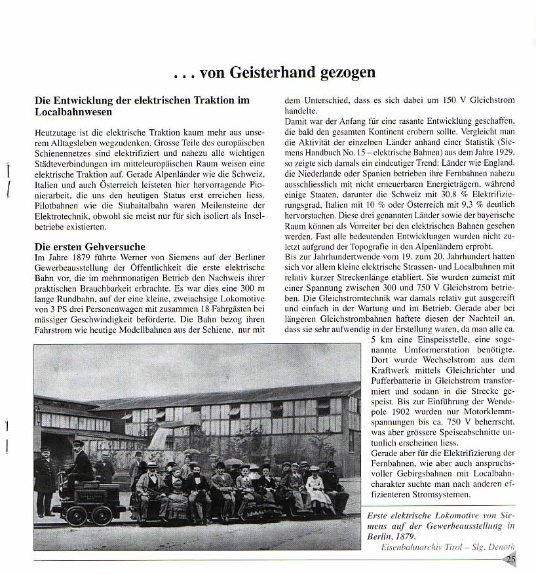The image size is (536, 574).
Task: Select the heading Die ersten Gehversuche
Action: pyautogui.click(x=90, y=246)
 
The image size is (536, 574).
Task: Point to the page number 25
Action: pyautogui.click(x=510, y=559)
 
